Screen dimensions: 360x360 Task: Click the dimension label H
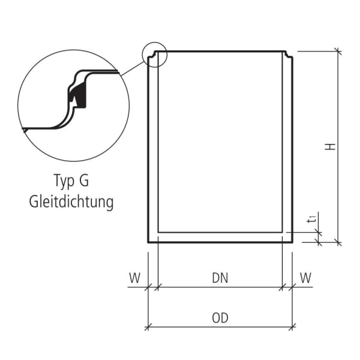(x=331, y=146)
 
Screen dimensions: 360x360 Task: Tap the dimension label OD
(x=220, y=317)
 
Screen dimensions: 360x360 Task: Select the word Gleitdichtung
(x=71, y=202)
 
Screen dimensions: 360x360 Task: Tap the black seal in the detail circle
(x=77, y=96)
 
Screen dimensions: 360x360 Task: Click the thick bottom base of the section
(x=220, y=238)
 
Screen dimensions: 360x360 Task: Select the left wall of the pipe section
(x=153, y=150)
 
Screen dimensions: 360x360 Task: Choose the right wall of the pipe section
(x=287, y=150)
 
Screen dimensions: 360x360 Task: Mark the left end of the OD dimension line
(x=148, y=326)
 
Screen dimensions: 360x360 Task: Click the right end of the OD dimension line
(x=293, y=326)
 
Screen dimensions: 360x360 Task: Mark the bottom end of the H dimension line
(x=338, y=243)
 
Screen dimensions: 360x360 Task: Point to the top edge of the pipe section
(x=220, y=52)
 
